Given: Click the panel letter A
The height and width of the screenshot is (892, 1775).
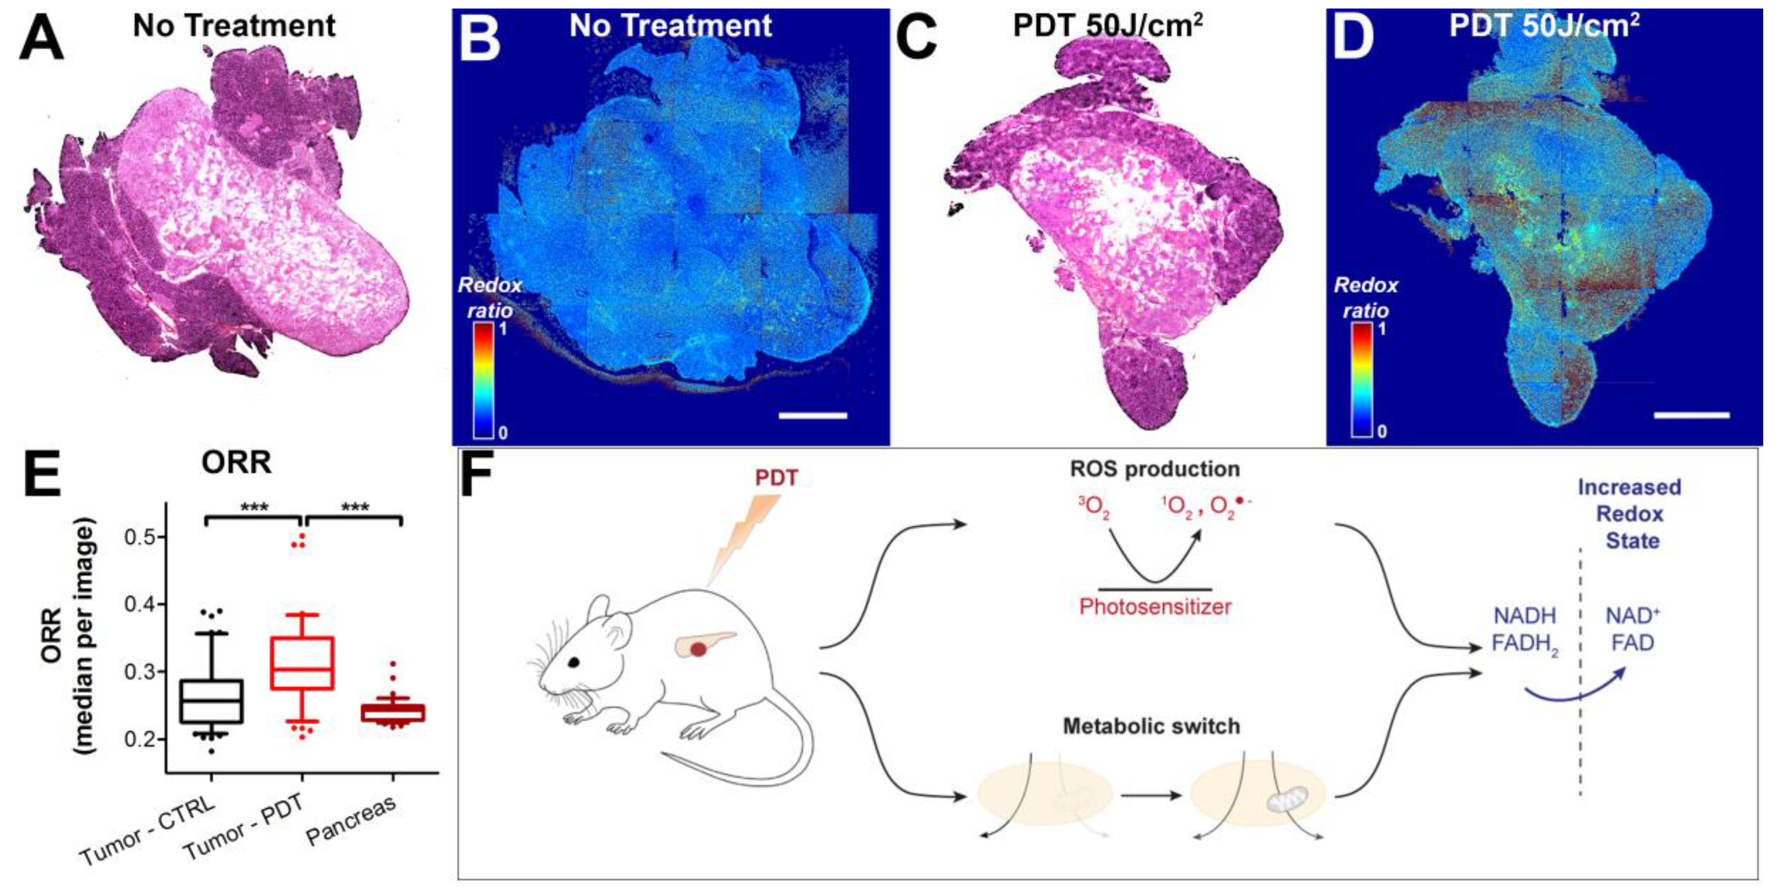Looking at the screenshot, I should click(x=41, y=39).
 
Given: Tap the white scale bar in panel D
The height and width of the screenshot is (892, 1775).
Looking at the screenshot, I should click(x=1692, y=414).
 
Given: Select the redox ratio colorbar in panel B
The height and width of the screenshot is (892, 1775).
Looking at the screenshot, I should click(x=483, y=380).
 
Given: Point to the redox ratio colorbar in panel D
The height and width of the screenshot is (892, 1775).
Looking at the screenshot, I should click(x=1361, y=380).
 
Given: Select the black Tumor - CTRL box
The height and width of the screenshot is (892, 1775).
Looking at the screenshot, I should click(x=211, y=701).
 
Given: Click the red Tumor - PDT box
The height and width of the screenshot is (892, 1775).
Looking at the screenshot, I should click(x=302, y=663).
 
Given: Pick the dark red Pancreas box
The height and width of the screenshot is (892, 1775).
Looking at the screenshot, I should click(x=393, y=712).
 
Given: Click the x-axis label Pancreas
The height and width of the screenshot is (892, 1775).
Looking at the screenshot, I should click(x=352, y=820).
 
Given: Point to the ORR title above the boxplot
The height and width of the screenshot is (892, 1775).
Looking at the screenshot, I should click(x=236, y=463).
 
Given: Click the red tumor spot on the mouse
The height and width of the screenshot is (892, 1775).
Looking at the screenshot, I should click(x=698, y=649).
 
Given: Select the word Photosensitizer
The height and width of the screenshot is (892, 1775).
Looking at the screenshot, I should click(x=1155, y=607).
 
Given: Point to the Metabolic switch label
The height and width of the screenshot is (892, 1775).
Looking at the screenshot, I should click(x=1151, y=726).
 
